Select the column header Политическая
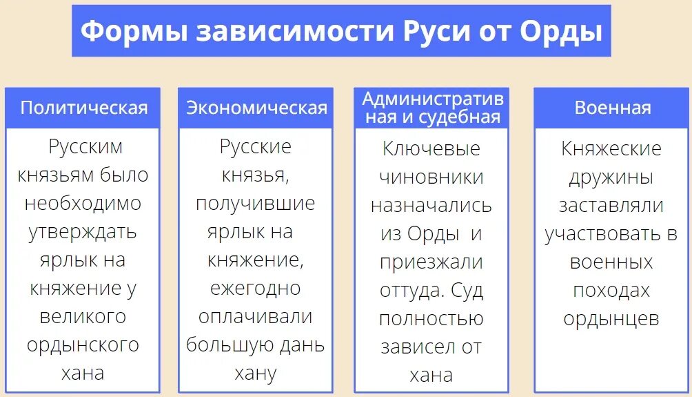[x=83, y=108]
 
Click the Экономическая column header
[x=256, y=108]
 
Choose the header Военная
[x=612, y=108]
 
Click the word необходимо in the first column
[x=83, y=204]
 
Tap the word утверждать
[x=83, y=232]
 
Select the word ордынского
[x=83, y=345]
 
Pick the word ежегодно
[x=256, y=288]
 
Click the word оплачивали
[x=256, y=316]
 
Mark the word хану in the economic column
[x=256, y=374]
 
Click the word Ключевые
[x=431, y=148]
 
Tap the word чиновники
[x=431, y=177]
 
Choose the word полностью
[x=431, y=319]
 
